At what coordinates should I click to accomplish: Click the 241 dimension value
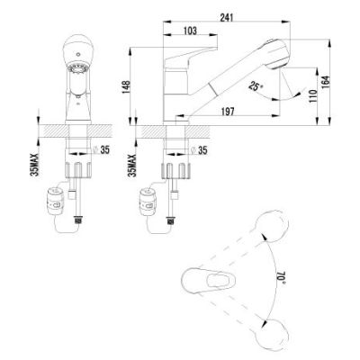pyautogui.click(x=227, y=18)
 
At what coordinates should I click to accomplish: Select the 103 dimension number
pyautogui.click(x=190, y=31)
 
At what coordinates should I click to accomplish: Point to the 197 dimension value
pyautogui.click(x=228, y=112)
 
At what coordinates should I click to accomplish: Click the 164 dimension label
pyautogui.click(x=325, y=82)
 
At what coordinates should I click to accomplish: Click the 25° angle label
pyautogui.click(x=256, y=86)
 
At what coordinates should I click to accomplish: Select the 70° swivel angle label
pyautogui.click(x=281, y=276)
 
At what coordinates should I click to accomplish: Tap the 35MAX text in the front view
pyautogui.click(x=34, y=164)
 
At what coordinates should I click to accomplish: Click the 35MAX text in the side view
pyautogui.click(x=132, y=165)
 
